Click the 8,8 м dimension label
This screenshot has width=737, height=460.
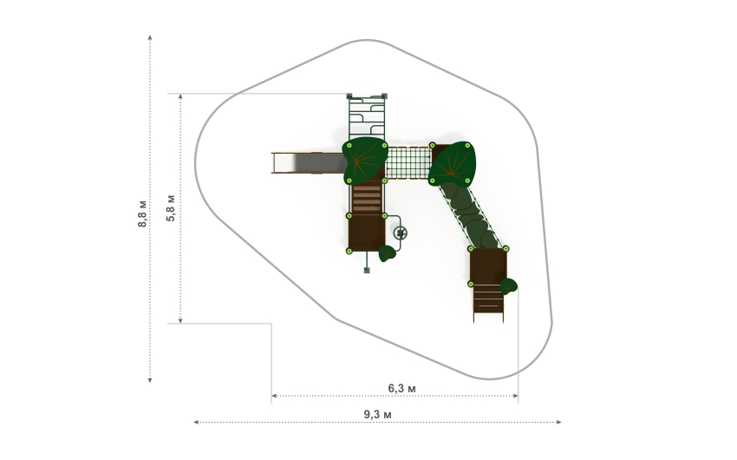tap(142, 214)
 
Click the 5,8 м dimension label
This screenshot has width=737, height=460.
tap(171, 207)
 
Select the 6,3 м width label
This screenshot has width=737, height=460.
tap(401, 389)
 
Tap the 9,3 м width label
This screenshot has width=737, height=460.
tap(377, 415)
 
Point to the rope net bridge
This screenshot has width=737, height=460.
tap(408, 163)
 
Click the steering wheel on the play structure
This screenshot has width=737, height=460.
tap(401, 233)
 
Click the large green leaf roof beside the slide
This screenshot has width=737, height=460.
tap(365, 161)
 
